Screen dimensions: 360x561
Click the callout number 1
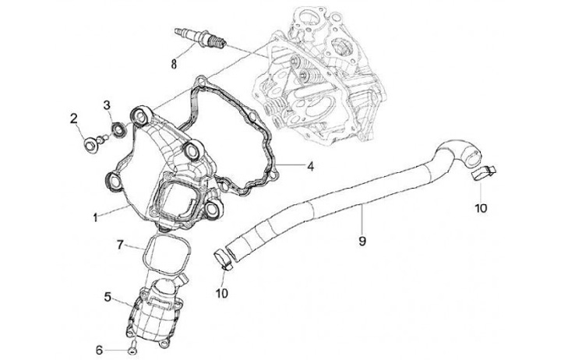95,217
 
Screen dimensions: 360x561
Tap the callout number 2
74,119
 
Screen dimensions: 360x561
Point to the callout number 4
309,166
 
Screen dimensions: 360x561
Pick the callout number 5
108,297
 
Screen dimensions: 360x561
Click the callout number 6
99,350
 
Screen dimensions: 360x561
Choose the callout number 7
120,245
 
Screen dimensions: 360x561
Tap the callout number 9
362,241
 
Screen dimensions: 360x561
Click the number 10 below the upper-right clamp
480,208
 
